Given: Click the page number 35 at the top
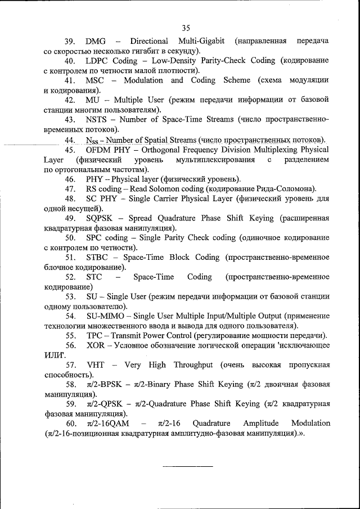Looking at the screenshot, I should pyautogui.click(x=187, y=27).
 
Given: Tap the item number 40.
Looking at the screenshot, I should pyautogui.click(x=70, y=61).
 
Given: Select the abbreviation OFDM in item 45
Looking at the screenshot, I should pyautogui.click(x=99, y=150).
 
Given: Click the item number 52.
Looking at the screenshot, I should pyautogui.click(x=70, y=277).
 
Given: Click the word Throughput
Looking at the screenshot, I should pyautogui.click(x=193, y=365).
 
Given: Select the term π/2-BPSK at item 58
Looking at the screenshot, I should pyautogui.click(x=105, y=385).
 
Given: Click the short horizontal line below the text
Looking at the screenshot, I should pyautogui.click(x=188, y=466).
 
